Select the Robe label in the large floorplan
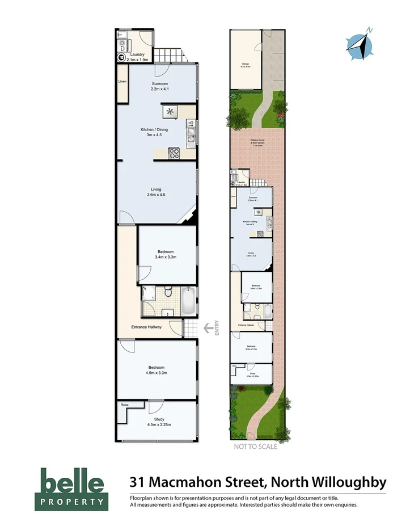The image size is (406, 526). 124,405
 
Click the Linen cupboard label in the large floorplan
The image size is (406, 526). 122,82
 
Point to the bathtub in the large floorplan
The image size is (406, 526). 189,301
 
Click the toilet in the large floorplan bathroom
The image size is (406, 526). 167,292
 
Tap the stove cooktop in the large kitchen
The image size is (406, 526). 175,153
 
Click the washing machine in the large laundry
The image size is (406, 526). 121,57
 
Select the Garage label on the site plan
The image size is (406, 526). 246,65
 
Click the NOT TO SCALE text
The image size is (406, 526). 256,447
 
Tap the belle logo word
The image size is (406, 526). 71,482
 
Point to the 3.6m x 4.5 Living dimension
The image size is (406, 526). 157,195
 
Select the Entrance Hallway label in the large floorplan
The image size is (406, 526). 147,327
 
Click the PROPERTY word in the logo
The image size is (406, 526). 71,502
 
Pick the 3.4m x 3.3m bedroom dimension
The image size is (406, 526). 166,257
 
